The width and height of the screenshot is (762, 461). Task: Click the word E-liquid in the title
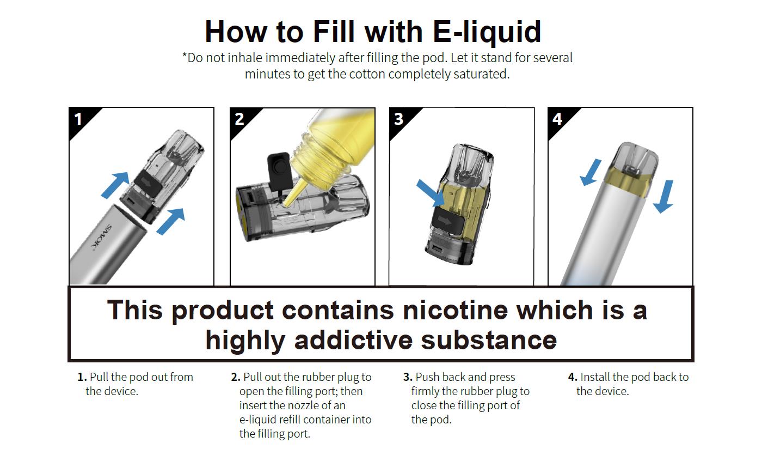coord(487,32)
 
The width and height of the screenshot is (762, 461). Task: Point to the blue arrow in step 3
coord(431,193)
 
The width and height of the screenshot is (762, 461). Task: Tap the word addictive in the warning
coord(353,340)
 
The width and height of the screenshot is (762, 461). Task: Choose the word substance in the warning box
coord(489,340)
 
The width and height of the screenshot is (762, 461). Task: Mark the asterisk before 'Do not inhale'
coord(185,55)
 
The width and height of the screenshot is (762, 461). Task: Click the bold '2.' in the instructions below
coord(236,377)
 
